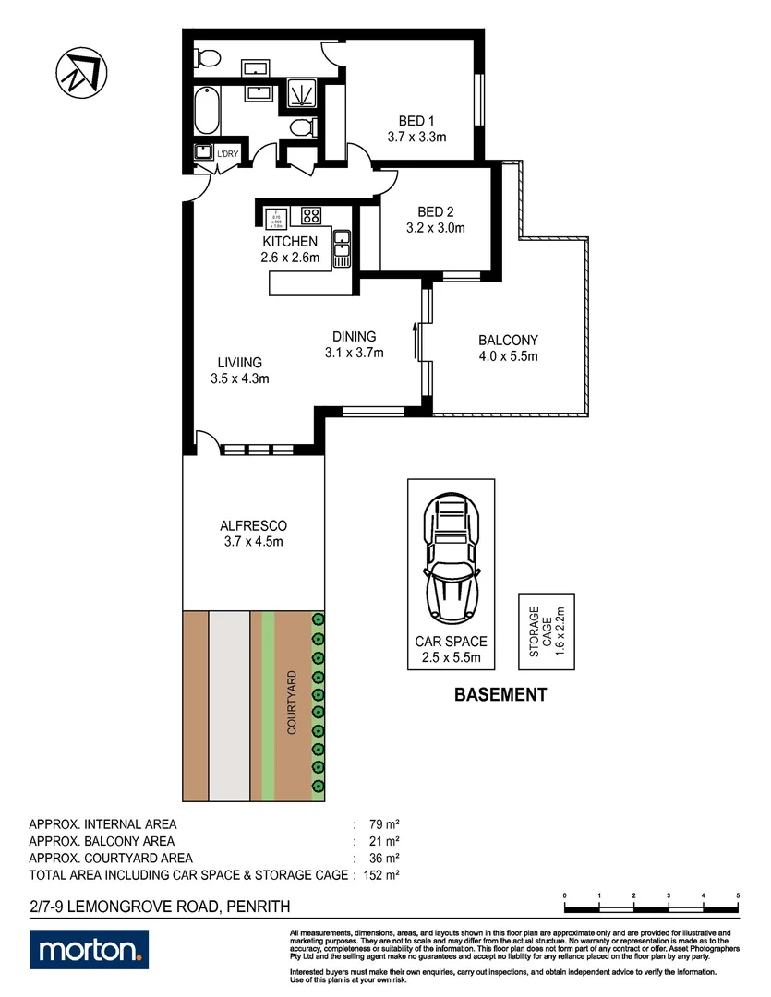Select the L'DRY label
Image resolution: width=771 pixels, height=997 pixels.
226,154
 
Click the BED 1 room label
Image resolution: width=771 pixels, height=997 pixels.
416,121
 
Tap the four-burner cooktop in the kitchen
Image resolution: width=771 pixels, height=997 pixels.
311,217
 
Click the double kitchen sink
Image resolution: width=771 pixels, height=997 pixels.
342,247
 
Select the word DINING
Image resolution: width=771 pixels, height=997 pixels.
355,337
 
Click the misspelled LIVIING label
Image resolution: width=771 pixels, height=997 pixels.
240,363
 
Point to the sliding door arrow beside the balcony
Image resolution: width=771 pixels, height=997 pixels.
416,340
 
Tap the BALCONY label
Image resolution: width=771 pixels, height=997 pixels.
507,340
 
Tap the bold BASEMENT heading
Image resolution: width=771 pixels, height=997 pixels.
500,695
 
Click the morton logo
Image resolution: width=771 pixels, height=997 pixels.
89,948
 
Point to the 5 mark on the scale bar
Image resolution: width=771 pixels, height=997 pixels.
738,896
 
